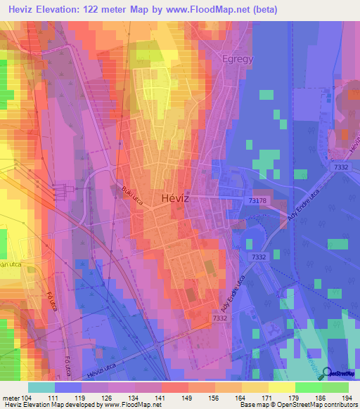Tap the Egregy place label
236,59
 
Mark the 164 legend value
229,398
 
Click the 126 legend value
107,398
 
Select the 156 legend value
202,398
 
